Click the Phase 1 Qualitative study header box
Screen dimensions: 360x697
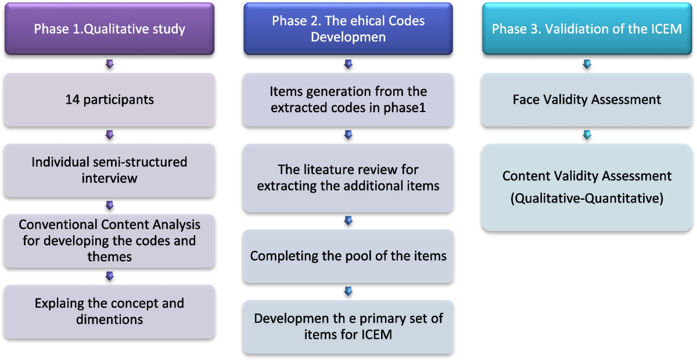[x=110, y=29]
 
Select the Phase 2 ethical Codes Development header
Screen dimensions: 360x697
[x=348, y=29]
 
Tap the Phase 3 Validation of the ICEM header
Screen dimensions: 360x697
[x=587, y=29]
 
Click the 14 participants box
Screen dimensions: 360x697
[x=110, y=99]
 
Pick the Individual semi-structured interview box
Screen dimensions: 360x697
[x=110, y=170]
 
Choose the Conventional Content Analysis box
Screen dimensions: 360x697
[x=110, y=240]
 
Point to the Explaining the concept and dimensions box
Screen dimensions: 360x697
[x=110, y=311]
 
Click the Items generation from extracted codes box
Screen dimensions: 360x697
[x=348, y=99]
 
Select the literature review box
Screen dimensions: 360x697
[x=348, y=177]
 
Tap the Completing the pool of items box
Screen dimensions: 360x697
[x=348, y=255]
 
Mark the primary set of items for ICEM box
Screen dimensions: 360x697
[x=348, y=326]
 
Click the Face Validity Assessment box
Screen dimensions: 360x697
[x=587, y=99]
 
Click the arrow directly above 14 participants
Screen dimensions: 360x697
[x=110, y=64]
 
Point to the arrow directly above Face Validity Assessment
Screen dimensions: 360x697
[x=587, y=64]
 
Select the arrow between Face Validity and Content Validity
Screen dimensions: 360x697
[x=587, y=135]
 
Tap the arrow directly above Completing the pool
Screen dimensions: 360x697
[x=348, y=221]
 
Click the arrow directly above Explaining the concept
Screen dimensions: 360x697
[x=110, y=276]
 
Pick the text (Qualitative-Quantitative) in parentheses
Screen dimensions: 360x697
[x=587, y=198]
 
